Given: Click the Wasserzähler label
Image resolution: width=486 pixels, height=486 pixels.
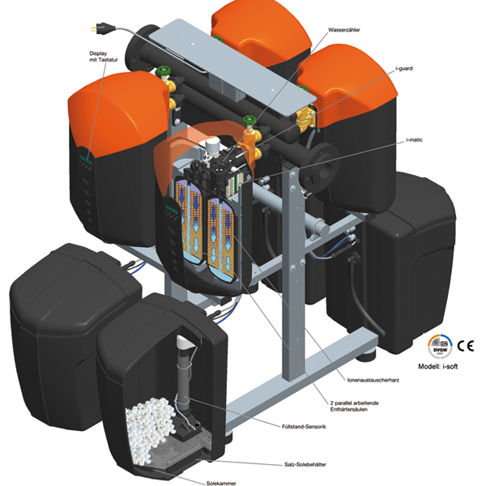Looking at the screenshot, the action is (x=344, y=30).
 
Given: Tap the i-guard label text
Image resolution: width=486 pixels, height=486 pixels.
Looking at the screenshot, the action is (x=404, y=69).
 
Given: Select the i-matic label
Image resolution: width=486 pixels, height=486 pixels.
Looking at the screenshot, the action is (x=414, y=140).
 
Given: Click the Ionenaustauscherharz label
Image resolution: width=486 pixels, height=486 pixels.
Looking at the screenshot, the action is (x=373, y=380).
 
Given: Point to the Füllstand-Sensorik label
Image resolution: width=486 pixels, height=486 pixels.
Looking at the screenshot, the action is (x=304, y=427).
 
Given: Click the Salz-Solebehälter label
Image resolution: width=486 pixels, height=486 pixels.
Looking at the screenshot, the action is (x=305, y=464).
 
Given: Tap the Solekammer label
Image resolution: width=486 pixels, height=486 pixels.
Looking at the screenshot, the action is (x=221, y=483).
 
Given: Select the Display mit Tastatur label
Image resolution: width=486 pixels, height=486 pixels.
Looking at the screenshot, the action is (x=104, y=57).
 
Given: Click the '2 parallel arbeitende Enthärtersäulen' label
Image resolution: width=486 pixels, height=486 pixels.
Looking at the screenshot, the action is (x=354, y=406).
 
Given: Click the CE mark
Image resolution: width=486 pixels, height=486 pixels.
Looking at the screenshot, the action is (x=466, y=345).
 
